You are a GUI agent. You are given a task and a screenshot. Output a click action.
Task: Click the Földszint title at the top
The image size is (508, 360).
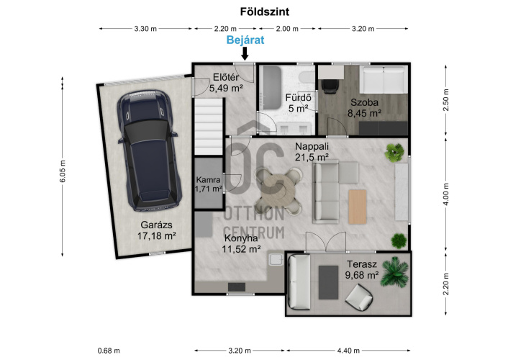(264, 12)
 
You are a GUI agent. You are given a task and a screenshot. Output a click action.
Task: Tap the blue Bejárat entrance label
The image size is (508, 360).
(245, 40)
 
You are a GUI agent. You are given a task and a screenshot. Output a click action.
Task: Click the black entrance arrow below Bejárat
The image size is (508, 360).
(245, 53)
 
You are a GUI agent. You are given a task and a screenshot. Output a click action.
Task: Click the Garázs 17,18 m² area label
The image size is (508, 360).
(156, 230)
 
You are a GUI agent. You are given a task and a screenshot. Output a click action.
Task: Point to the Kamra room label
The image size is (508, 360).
(209, 180)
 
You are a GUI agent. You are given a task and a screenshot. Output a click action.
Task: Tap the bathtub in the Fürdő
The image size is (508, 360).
(272, 88)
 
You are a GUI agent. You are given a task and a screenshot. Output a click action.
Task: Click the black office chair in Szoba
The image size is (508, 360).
(330, 86)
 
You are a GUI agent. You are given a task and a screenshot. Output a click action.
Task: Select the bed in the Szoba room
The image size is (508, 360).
(384, 80)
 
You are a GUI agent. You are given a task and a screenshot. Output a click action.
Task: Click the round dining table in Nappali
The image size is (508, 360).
(279, 191)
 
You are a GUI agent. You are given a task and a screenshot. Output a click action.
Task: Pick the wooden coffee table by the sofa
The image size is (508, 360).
(358, 207)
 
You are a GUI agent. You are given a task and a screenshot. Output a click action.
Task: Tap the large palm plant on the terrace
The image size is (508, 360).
(395, 271)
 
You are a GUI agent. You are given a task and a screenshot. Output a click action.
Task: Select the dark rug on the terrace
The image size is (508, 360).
(329, 282)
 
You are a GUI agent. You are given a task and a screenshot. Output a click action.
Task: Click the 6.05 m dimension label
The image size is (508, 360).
(63, 171)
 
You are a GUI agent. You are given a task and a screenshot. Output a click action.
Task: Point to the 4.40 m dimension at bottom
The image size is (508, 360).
(348, 351)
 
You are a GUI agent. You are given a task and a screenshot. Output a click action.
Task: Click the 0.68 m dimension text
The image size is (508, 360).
(109, 351)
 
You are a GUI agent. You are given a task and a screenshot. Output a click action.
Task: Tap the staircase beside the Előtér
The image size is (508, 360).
(209, 127)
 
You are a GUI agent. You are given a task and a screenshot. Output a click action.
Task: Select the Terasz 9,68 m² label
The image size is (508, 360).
(362, 269)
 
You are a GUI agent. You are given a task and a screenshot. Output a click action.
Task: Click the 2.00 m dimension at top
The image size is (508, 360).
(287, 29)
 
